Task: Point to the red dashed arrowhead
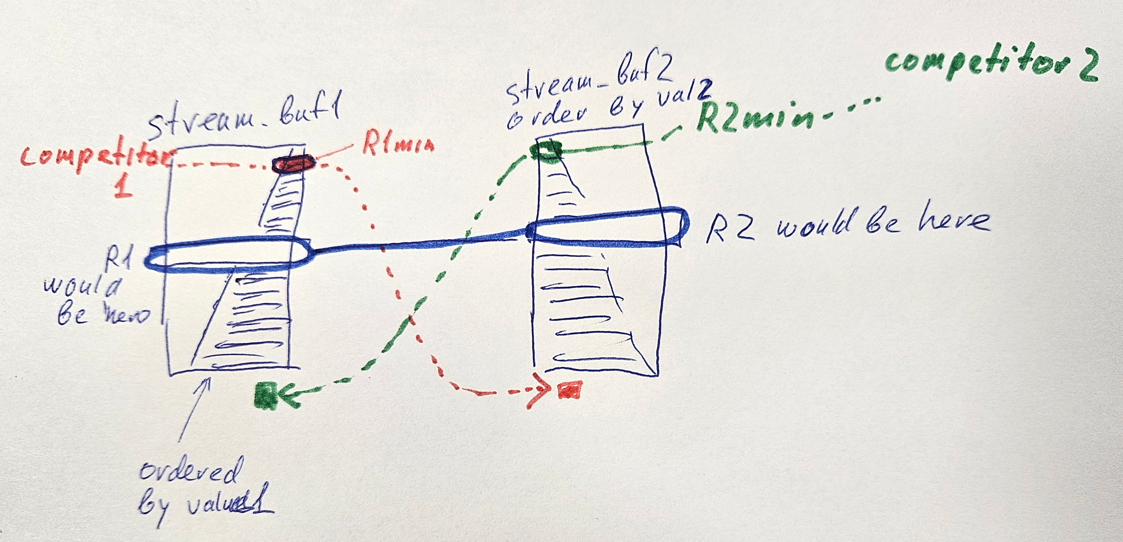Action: [541, 394]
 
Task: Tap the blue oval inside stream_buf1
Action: [227, 255]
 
